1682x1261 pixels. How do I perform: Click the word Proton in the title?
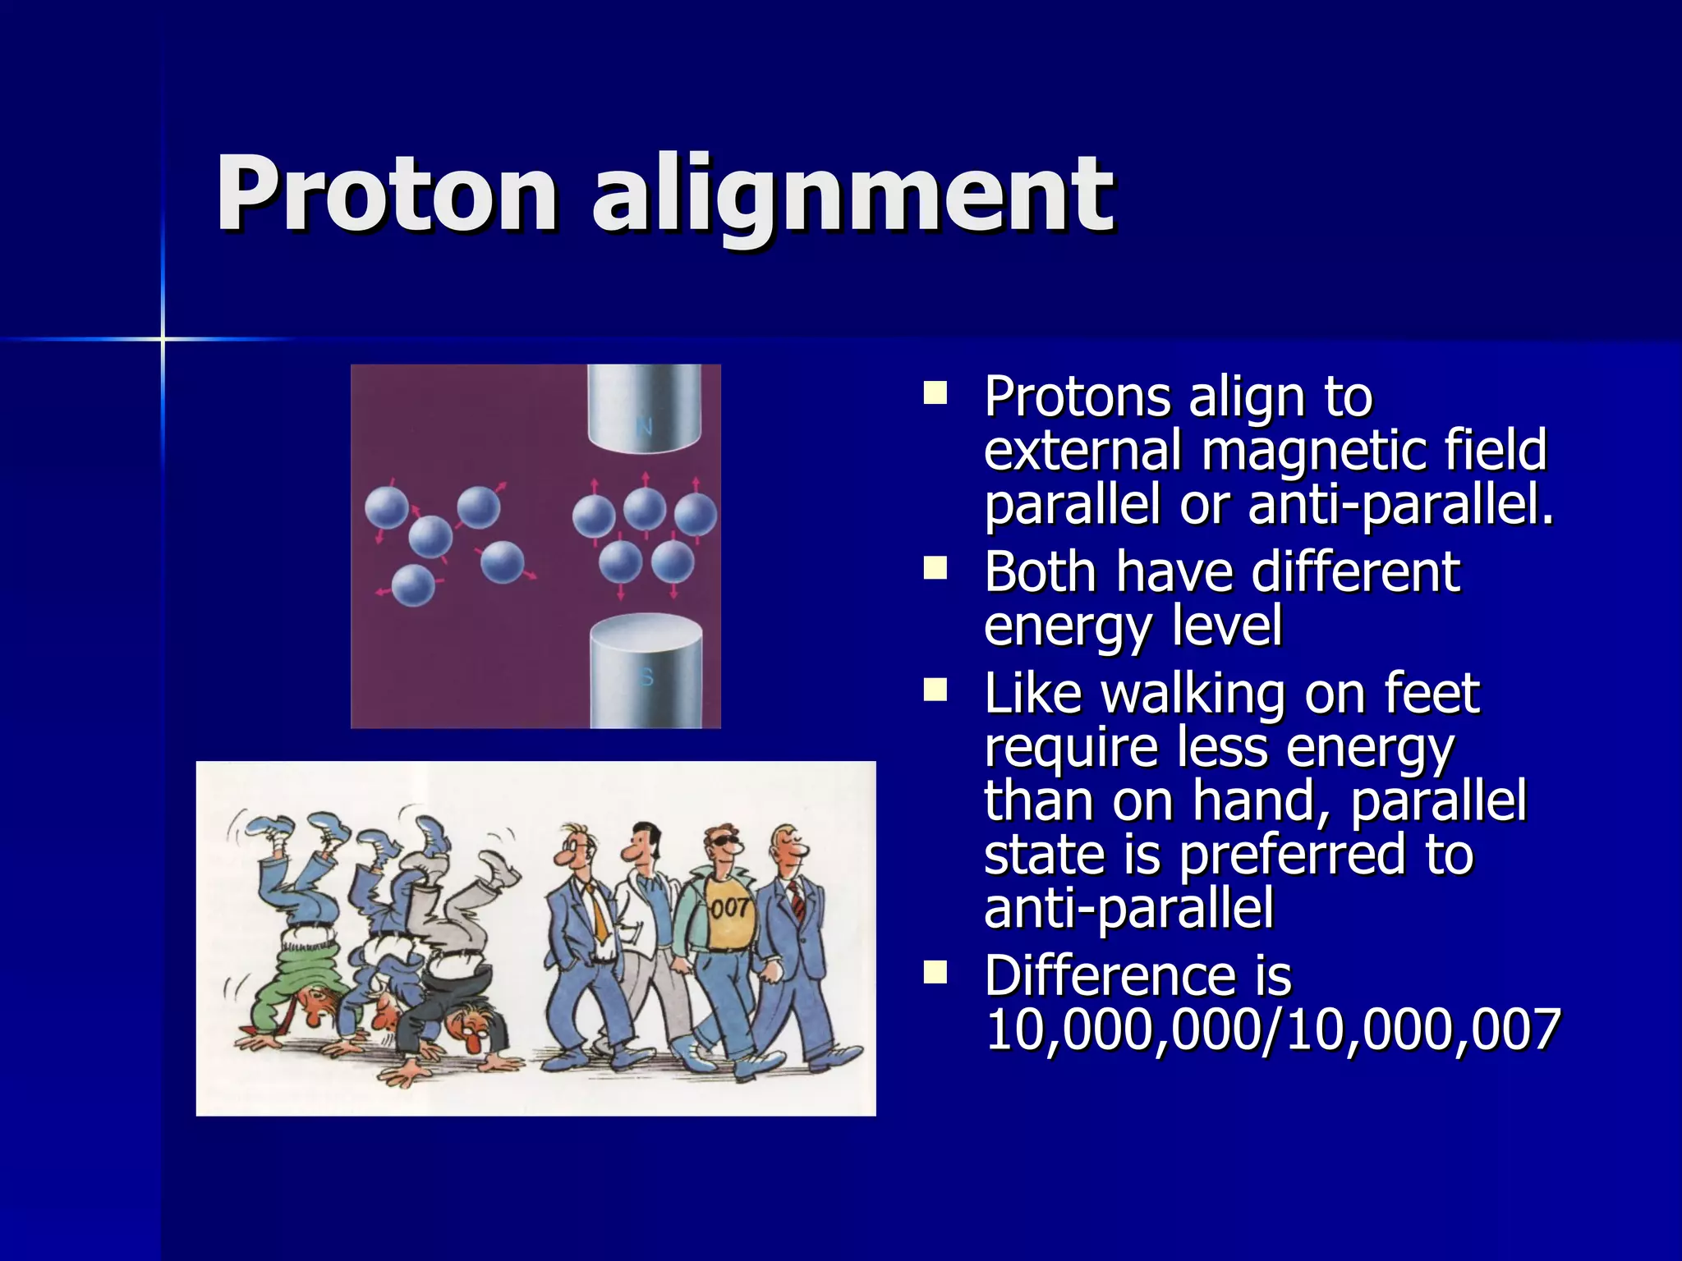(386, 195)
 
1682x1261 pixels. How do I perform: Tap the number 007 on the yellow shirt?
(729, 908)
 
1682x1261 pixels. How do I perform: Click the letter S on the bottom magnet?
(646, 678)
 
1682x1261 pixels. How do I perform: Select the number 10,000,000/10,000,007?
(1271, 1029)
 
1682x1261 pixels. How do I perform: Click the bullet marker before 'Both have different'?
(935, 568)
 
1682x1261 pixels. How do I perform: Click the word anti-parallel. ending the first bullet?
(1399, 505)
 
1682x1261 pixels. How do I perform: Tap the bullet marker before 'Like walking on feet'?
(935, 690)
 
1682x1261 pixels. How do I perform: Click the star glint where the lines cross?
(163, 338)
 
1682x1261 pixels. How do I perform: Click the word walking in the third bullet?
(1192, 694)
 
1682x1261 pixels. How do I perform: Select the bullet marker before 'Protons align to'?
(935, 393)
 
